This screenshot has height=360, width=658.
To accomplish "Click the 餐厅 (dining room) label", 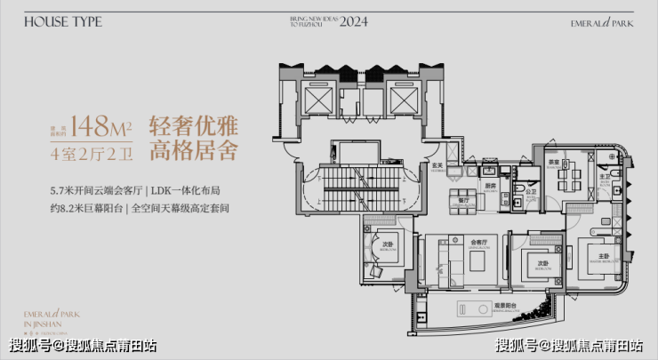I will [462, 201].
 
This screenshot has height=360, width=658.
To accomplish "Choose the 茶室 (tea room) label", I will [552, 164].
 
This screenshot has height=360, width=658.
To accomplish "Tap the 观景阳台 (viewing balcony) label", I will [506, 304].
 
